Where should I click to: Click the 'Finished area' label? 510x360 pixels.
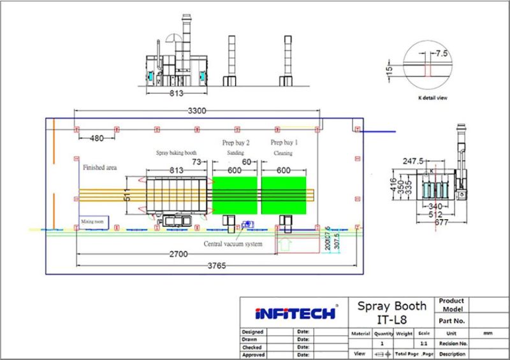point(99,168)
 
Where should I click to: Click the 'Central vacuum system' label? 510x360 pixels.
point(233,243)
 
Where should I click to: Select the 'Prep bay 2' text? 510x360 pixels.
point(236,142)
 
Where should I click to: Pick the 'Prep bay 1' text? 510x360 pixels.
point(284,142)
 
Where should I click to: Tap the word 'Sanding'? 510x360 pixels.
point(235,154)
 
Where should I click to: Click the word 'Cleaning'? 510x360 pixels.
point(283,154)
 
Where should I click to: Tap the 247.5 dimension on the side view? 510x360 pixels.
point(414,162)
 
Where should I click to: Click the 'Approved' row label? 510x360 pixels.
point(255,354)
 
